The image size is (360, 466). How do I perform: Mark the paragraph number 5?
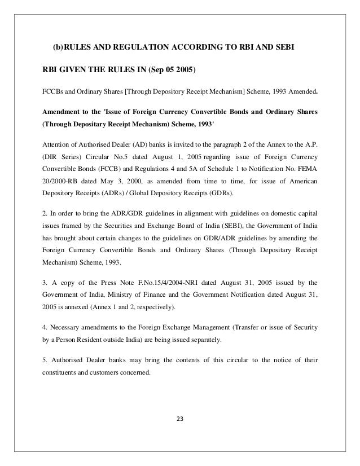click(x=46, y=362)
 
